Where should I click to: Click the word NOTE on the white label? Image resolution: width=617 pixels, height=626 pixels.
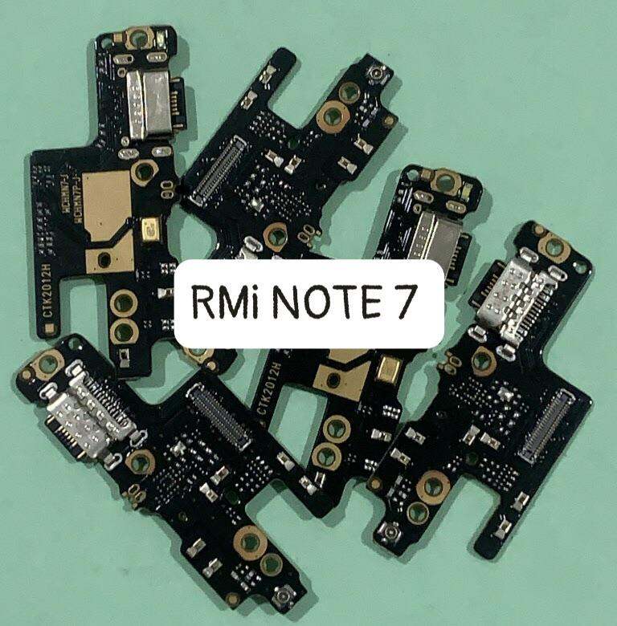(320, 301)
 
